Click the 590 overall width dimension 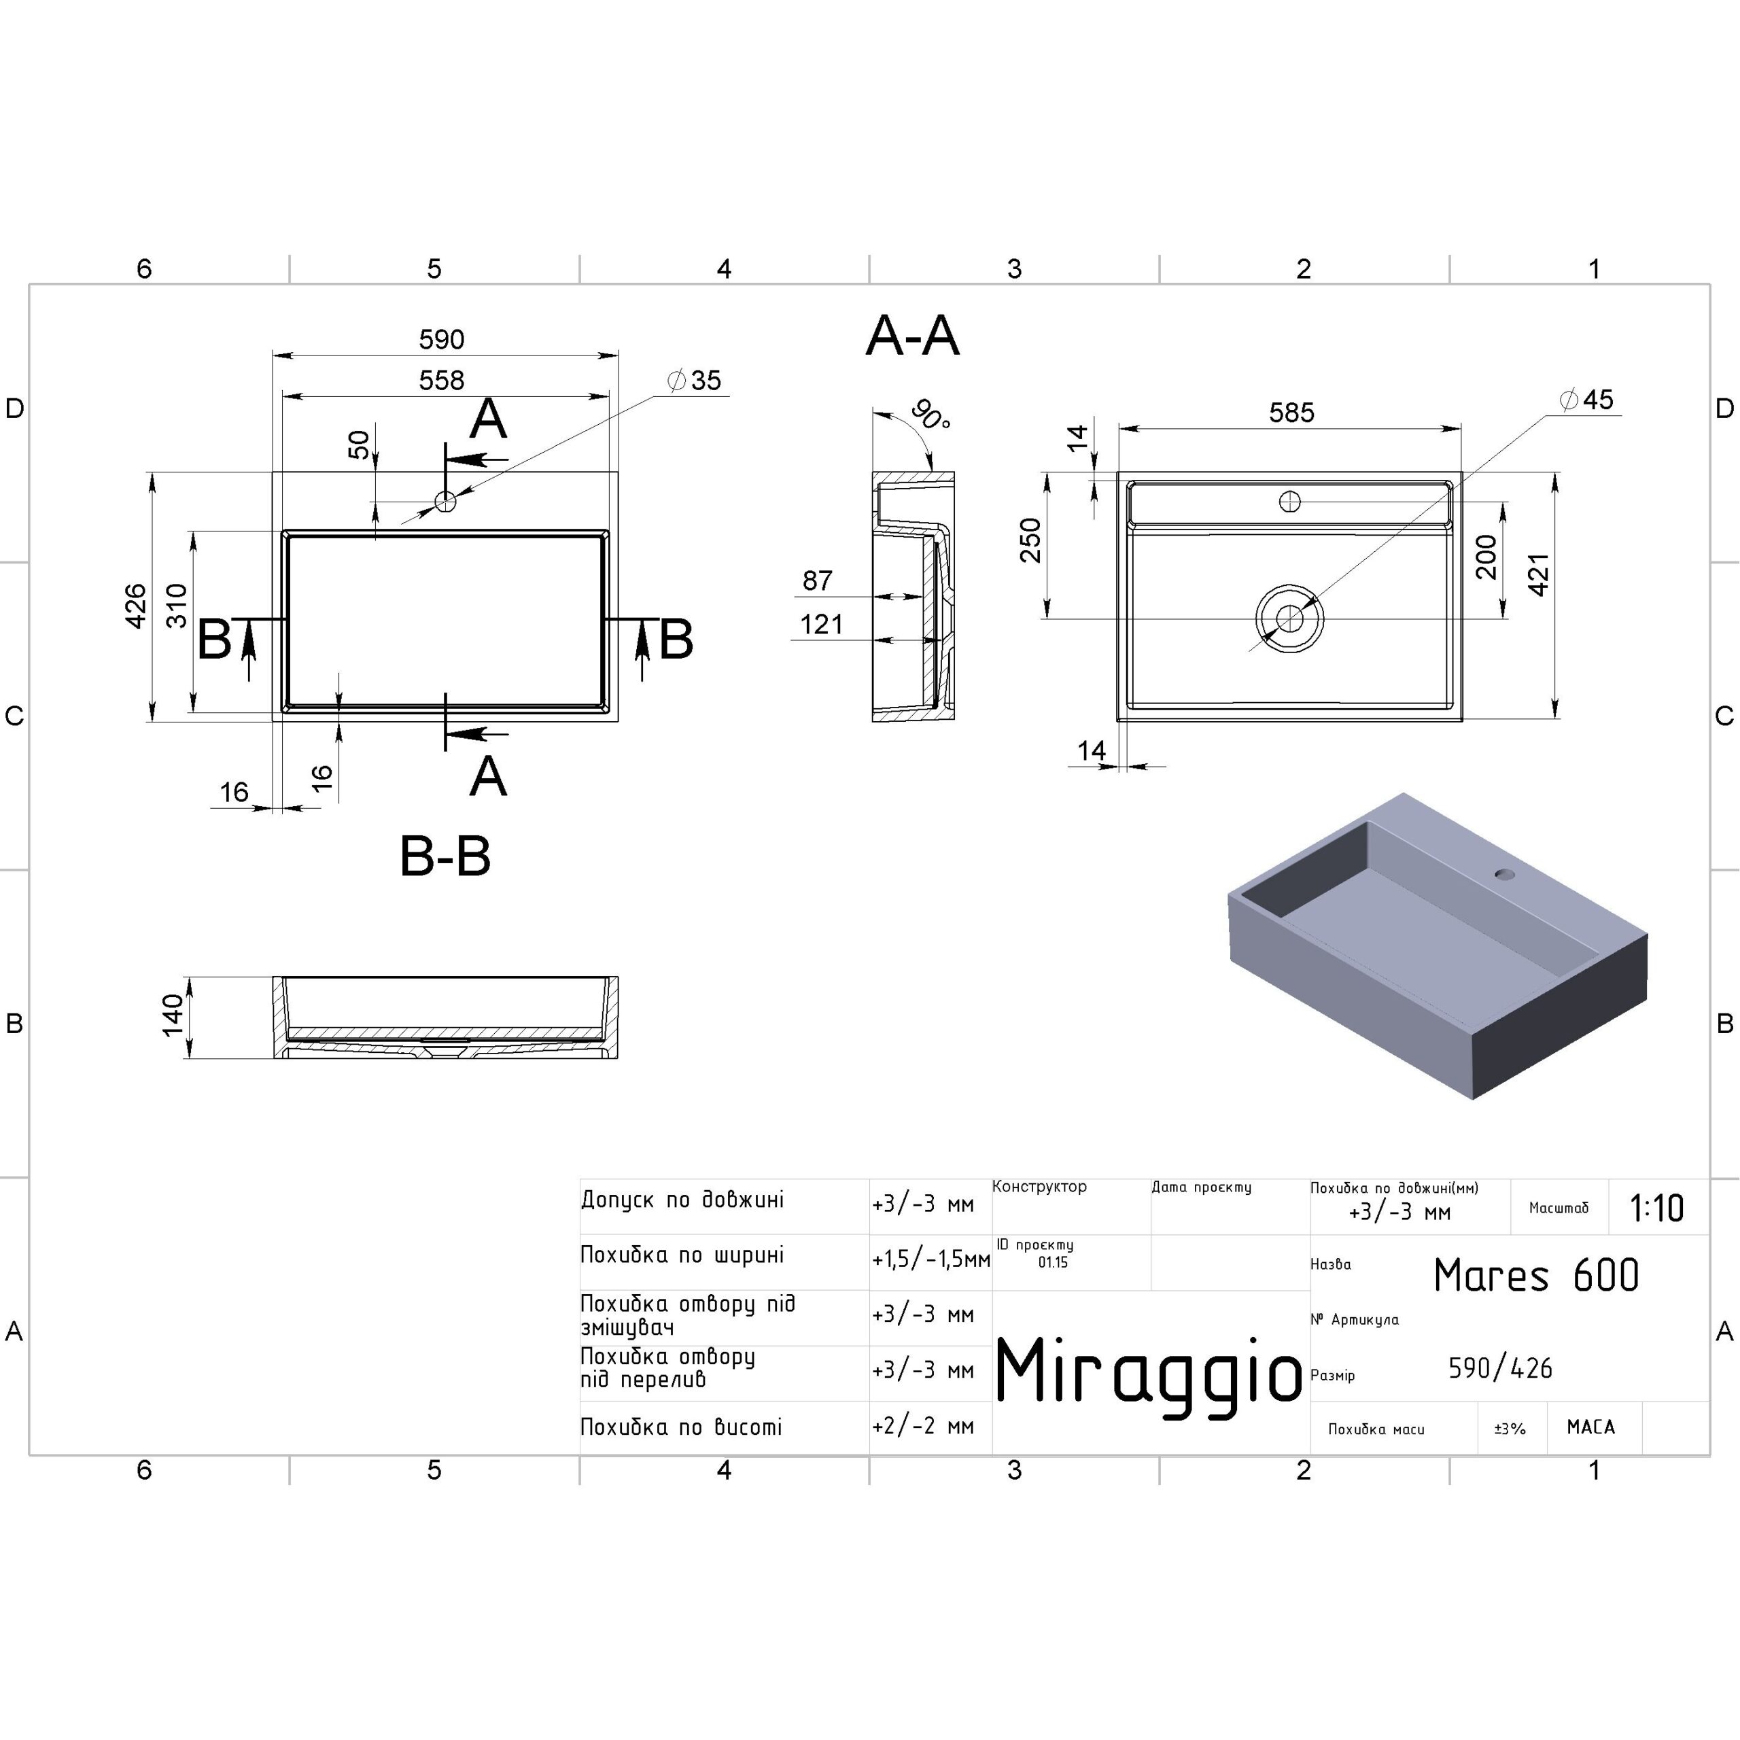click(x=441, y=340)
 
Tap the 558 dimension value click(x=441, y=380)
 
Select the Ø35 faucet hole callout click(x=695, y=380)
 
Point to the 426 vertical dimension click(x=135, y=606)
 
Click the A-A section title click(x=912, y=336)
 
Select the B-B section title click(x=445, y=856)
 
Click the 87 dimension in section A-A click(x=818, y=581)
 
